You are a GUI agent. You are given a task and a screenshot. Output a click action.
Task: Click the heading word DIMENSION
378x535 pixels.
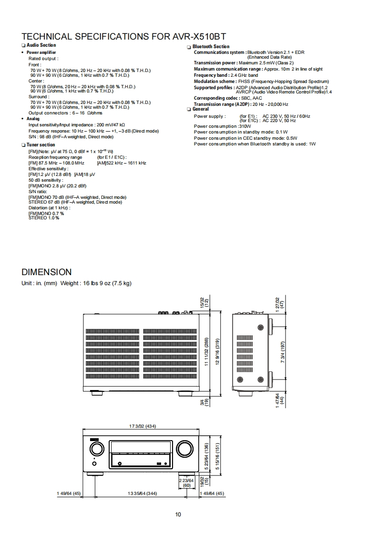(x=47, y=272)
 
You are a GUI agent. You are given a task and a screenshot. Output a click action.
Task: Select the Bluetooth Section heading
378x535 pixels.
(x=211, y=46)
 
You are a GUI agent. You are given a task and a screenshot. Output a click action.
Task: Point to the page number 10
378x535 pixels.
(x=178, y=514)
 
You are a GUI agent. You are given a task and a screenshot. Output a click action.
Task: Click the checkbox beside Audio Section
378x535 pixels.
(x=23, y=45)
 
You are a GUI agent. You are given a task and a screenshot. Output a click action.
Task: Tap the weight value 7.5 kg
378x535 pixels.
(x=121, y=283)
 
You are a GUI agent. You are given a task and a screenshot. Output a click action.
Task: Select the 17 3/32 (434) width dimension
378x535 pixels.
(x=143, y=426)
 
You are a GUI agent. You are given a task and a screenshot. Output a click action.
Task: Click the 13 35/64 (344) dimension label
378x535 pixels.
(x=143, y=493)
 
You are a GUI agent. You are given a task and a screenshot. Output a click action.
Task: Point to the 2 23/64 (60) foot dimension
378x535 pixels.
(x=187, y=483)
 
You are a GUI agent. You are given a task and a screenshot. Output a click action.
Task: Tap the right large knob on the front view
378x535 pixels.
(x=184, y=448)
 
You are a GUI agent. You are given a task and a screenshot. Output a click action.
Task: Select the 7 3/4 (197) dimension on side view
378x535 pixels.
(x=283, y=352)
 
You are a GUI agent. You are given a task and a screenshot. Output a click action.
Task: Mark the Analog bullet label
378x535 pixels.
(x=33, y=119)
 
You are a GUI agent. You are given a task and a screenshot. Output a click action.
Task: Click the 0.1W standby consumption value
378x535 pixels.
(x=282, y=132)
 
